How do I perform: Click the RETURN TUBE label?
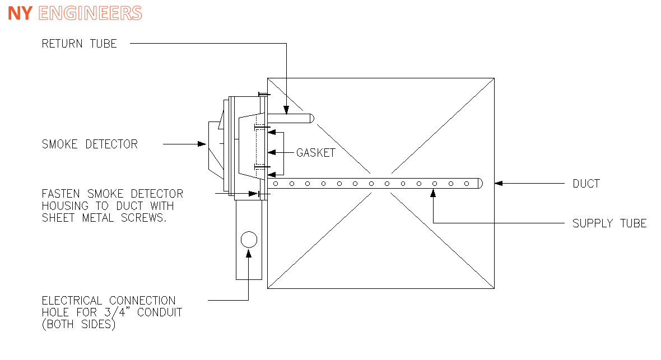point(79,44)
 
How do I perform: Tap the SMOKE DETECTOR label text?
point(90,144)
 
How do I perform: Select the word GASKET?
point(315,153)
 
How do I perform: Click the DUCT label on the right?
point(586,183)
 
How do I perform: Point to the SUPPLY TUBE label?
point(609,223)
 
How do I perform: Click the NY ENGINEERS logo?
point(75,13)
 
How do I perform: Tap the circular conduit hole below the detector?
point(248,240)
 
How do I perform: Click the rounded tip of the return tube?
point(311,118)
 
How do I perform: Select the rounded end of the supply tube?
point(479,183)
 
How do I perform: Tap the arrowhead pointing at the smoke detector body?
point(202,144)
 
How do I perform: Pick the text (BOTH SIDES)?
point(78,324)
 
